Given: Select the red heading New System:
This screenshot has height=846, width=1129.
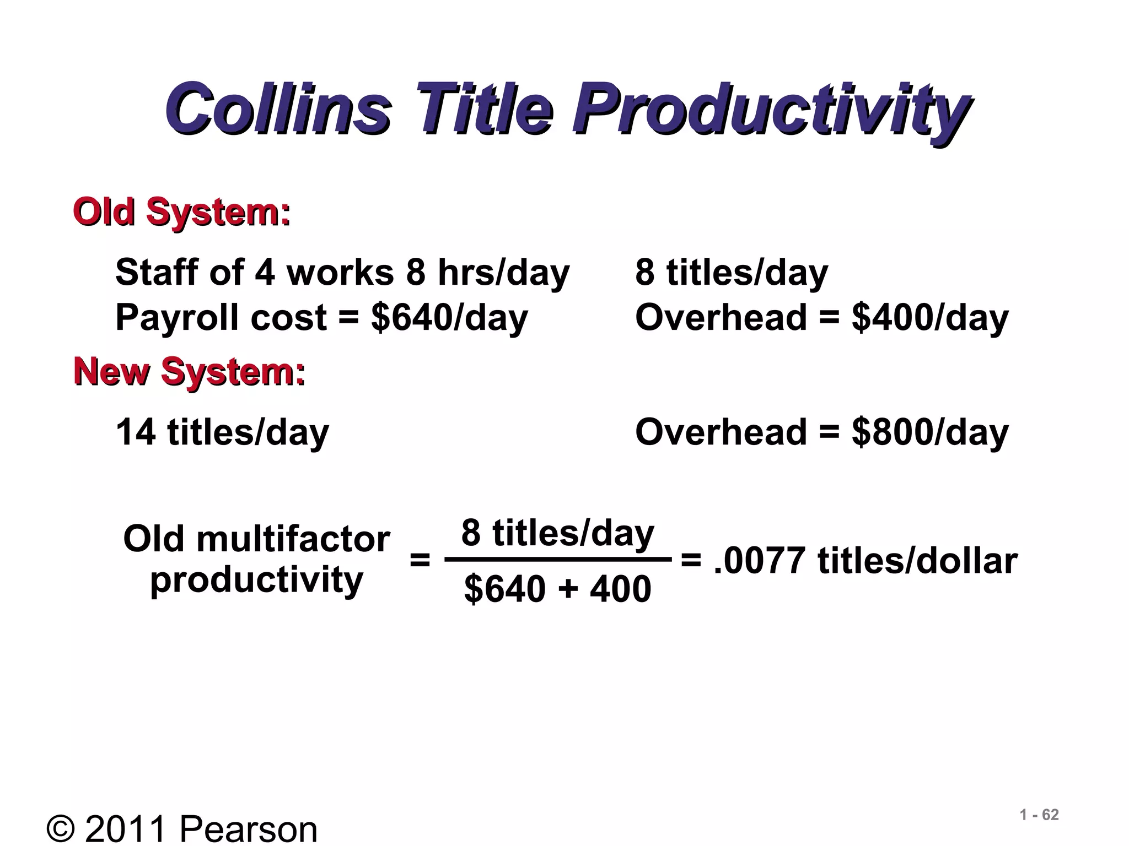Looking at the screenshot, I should pos(189,371).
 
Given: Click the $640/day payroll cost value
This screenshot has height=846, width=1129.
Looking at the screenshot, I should pos(449,318).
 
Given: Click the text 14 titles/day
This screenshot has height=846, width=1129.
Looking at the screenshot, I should pos(222,433).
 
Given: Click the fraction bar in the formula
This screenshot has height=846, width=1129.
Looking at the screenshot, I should pos(558,560).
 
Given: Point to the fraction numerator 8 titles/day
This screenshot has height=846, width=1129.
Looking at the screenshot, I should pos(557,533).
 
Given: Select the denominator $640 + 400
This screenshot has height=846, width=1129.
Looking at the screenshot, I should pos(557,588).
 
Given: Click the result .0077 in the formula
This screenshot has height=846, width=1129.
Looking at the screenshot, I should pos(759,561).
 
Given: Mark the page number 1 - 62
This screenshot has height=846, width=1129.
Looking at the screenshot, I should pos(1039,815).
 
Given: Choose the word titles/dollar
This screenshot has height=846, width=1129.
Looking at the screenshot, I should pos(917,561).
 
